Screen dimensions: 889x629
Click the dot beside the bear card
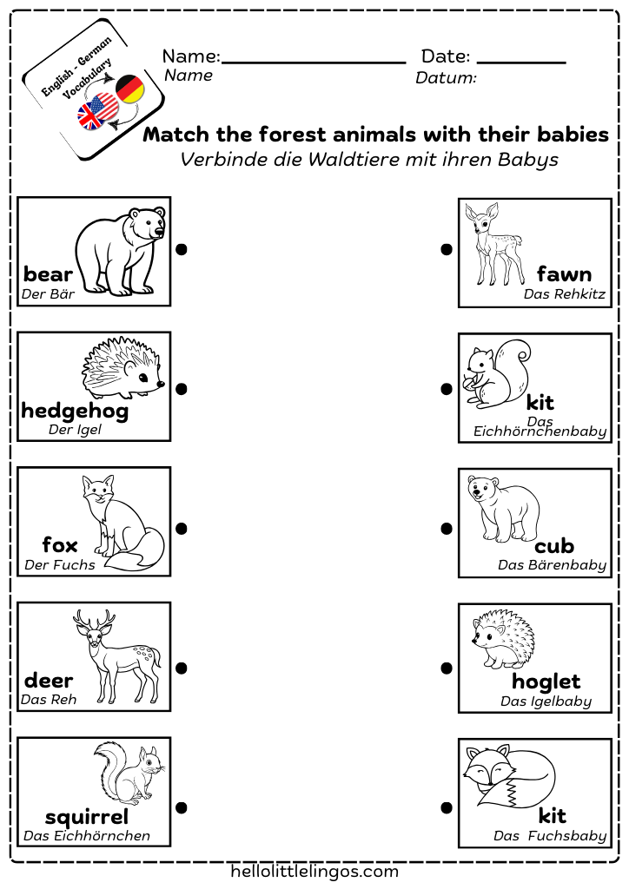(x=182, y=250)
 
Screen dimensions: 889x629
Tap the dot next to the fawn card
(x=446, y=250)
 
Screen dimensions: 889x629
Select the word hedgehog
(x=75, y=411)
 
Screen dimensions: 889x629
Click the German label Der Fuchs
(x=60, y=565)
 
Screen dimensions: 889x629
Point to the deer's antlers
(x=94, y=619)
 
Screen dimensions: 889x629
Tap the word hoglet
(x=546, y=682)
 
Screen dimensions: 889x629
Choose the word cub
(x=554, y=546)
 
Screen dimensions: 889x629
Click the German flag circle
(x=129, y=89)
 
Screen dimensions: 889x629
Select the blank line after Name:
(x=314, y=62)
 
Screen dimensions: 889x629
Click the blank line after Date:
(x=521, y=62)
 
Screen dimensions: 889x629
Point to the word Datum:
(x=446, y=79)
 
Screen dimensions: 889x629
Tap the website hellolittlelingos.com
(x=314, y=871)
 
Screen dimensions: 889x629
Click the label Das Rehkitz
(x=565, y=294)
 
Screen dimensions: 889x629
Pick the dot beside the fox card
(x=182, y=529)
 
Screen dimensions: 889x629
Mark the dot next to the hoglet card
(x=446, y=668)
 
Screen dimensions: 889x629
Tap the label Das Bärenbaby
(x=553, y=565)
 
